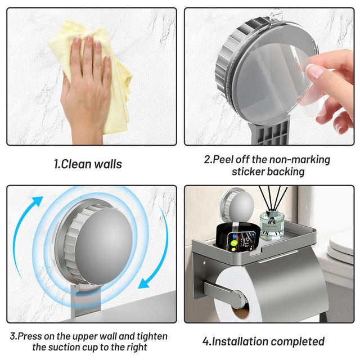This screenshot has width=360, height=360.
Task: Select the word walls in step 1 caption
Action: [108, 164]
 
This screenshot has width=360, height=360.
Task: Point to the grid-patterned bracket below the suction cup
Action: [271, 133]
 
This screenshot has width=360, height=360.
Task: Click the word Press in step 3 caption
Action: [30, 336]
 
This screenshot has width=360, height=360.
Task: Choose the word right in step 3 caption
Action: [136, 347]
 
